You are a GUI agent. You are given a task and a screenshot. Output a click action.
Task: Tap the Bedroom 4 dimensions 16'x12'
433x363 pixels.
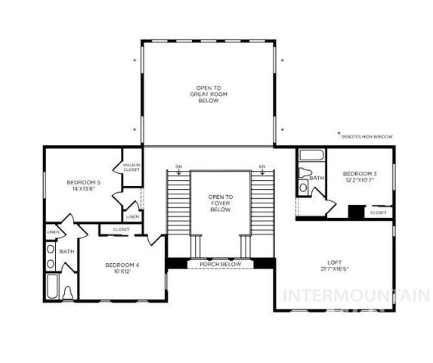pos(121,271)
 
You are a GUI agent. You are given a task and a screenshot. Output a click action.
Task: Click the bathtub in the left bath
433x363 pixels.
pos(52,287)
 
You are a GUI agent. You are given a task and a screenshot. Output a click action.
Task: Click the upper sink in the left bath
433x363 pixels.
pos(51,248)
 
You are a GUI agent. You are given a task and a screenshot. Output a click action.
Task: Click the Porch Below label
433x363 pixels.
pos(220,265)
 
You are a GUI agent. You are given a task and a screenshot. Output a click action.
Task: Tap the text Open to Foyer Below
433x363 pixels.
pos(220,203)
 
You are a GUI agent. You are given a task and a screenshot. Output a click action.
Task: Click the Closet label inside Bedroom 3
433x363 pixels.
pos(379,213)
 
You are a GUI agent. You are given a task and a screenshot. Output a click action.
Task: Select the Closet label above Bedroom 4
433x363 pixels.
pos(121,228)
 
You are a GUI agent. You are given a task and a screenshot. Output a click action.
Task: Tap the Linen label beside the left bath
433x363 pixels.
pos(53,231)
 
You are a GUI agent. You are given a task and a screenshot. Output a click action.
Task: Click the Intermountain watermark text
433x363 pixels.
pos(355,296)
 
